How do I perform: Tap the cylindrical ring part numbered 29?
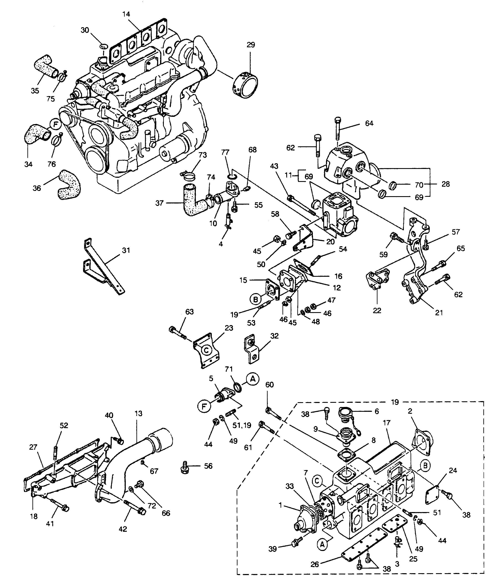pyautogui.click(x=245, y=85)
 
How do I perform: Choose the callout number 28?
pyautogui.click(x=445, y=184)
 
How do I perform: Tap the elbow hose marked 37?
pyautogui.click(x=195, y=200)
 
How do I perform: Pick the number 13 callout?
pyautogui.click(x=138, y=413)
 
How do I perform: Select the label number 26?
pyautogui.click(x=314, y=564)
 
